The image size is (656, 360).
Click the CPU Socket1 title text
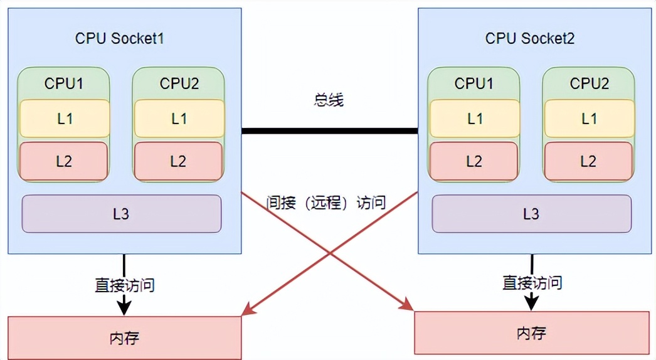coord(120,38)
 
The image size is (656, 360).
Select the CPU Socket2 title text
coord(530,38)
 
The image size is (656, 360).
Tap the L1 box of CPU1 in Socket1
coord(65,119)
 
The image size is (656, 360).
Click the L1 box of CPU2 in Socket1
coord(179,119)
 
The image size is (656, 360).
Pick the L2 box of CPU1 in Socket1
coord(63,161)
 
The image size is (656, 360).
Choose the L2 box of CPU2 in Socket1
coord(178,161)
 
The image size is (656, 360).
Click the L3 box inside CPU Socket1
coord(122,214)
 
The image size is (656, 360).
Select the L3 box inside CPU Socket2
coord(531,214)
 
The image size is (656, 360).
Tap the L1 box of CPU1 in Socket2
coord(475,119)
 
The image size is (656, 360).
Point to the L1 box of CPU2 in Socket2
coord(589,119)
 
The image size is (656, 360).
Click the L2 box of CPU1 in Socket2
coord(474,161)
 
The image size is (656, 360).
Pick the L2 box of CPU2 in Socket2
coord(588,161)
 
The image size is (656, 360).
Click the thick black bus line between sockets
coord(329,131)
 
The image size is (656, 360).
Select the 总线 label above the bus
coord(329,100)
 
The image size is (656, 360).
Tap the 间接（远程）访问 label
coord(325,203)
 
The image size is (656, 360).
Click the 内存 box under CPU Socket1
coord(124,338)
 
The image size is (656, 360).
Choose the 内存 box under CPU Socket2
coord(532,332)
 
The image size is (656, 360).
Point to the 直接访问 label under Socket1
coord(124,285)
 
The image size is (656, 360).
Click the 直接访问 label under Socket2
coord(532,283)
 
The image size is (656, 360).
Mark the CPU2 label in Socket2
coord(589,83)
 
